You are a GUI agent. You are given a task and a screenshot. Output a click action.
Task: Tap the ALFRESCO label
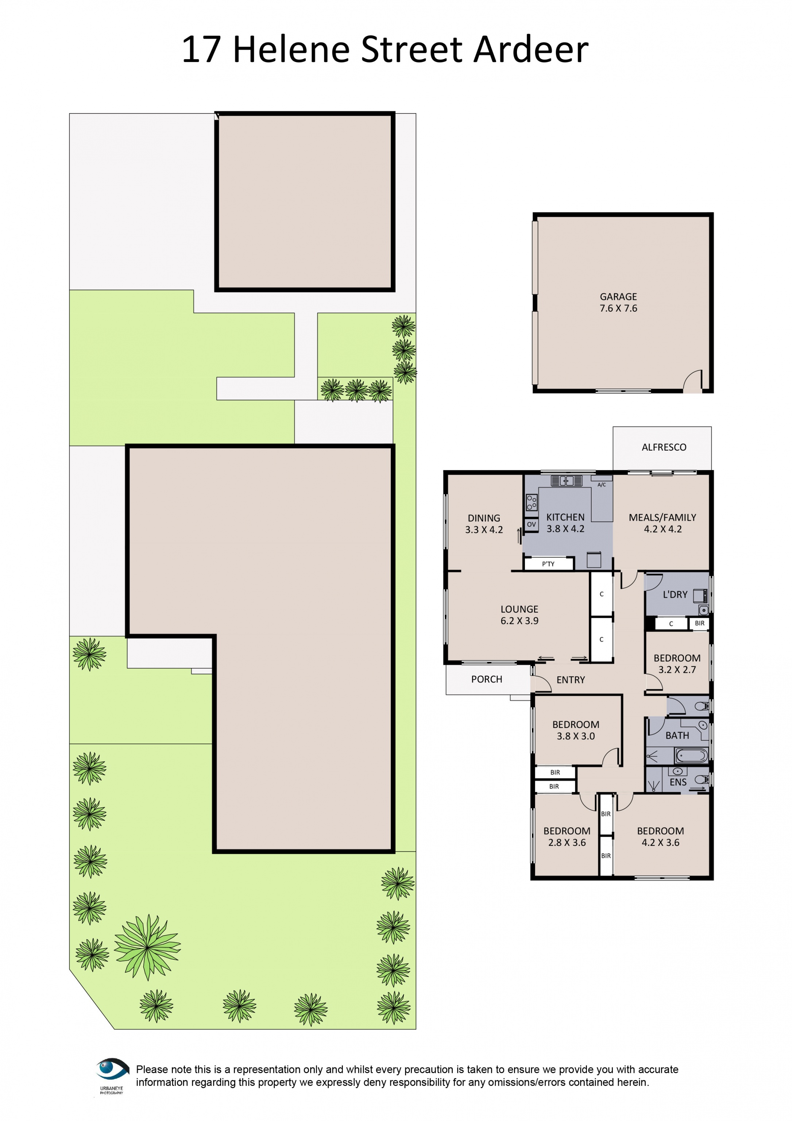pyautogui.click(x=663, y=447)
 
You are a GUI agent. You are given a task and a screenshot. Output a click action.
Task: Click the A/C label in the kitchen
pyautogui.click(x=601, y=485)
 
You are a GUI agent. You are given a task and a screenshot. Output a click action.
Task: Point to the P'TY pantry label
pyautogui.click(x=548, y=564)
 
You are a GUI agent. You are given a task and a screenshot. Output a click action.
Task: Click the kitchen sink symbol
pyautogui.click(x=566, y=481)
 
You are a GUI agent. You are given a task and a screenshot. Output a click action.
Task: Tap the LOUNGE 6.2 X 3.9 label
pyautogui.click(x=519, y=615)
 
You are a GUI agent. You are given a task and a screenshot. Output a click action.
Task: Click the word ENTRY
pyautogui.click(x=571, y=679)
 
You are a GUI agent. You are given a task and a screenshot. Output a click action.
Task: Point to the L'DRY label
pyautogui.click(x=675, y=595)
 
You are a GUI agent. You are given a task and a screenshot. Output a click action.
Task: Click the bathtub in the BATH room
pyautogui.click(x=691, y=756)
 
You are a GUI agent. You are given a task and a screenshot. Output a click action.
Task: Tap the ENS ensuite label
pyautogui.click(x=678, y=782)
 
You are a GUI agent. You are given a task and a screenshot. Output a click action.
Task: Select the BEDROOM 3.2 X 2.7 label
pyautogui.click(x=677, y=663)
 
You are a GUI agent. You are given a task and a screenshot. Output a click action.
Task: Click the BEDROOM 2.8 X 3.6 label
pyautogui.click(x=567, y=836)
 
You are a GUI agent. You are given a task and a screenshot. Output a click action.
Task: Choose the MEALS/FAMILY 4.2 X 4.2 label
pyautogui.click(x=662, y=523)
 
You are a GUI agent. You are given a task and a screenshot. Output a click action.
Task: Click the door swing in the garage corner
pyautogui.click(x=692, y=381)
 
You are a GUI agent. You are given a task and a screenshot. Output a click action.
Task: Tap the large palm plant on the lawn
pyautogui.click(x=147, y=947)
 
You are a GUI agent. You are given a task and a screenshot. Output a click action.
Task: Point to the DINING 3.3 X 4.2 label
pyautogui.click(x=484, y=523)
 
